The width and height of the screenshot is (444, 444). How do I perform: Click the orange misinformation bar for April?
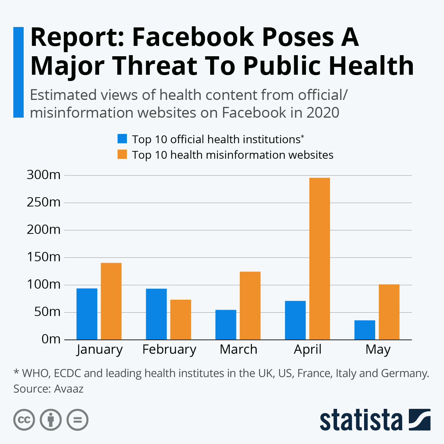[x=319, y=259]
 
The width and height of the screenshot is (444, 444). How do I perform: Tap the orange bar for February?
[x=181, y=320]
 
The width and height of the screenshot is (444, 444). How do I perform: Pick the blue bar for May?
[x=365, y=330]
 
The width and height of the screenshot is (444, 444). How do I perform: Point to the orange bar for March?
[x=250, y=306]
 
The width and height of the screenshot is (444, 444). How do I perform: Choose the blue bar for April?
[x=295, y=320]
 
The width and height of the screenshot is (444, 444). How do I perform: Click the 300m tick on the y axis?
[x=44, y=175]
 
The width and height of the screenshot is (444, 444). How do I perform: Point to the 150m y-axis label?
[x=44, y=257]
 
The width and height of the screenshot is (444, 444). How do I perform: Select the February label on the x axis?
[x=169, y=350]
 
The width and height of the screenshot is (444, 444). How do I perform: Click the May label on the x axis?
[x=378, y=350]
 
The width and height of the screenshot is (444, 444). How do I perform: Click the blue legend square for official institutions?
[x=122, y=139]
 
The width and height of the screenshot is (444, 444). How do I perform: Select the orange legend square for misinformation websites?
[x=122, y=154]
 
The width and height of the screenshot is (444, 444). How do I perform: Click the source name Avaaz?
[x=69, y=389]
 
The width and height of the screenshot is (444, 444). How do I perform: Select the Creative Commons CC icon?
[x=24, y=420]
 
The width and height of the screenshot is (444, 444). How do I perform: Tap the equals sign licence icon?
[x=77, y=420]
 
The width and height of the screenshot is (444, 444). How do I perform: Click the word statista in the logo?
[x=361, y=420]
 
